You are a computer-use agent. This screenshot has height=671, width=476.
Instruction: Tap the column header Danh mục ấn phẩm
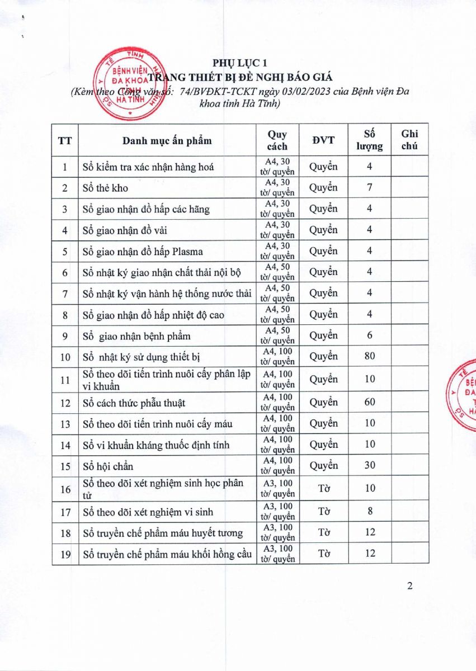[167, 140]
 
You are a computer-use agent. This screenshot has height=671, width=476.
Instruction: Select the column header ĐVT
[323, 140]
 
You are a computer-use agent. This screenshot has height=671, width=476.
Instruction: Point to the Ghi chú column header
[409, 140]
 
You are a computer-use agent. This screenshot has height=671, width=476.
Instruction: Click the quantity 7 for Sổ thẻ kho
[370, 188]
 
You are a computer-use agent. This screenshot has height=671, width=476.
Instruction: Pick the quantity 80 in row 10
[370, 356]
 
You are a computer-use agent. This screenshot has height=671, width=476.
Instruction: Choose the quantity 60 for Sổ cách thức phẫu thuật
[370, 402]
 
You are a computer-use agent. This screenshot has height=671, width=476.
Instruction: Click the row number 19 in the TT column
[65, 554]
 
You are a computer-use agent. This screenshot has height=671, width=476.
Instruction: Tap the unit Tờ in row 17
[323, 511]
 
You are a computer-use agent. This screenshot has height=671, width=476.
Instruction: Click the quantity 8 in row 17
[370, 511]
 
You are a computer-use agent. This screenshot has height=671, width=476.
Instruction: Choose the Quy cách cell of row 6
[277, 272]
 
